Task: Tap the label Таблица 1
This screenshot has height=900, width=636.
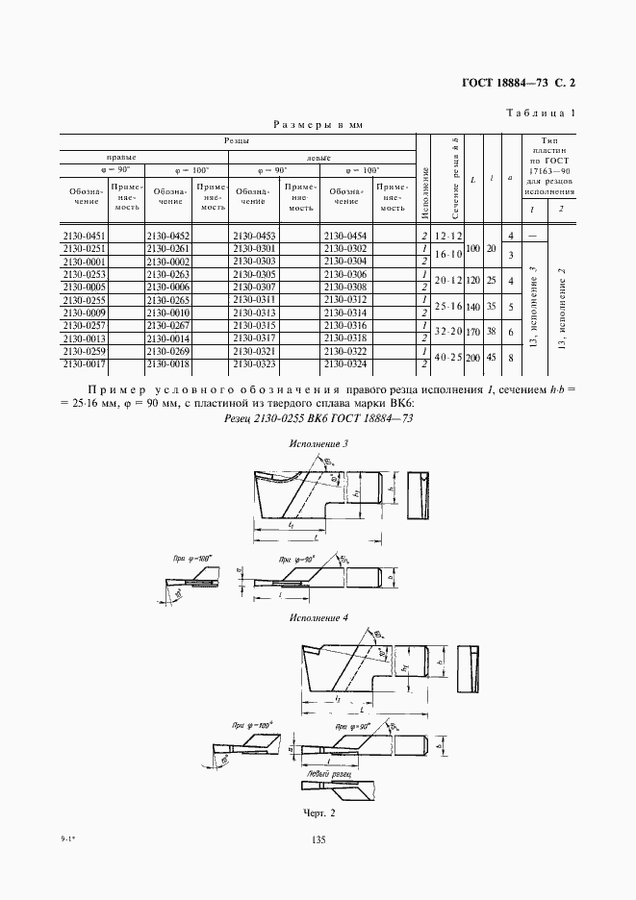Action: coord(540,113)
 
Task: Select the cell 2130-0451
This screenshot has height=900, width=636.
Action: coord(83,236)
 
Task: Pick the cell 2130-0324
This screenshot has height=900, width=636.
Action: coord(344,363)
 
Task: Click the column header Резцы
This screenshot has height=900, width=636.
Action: coord(239,140)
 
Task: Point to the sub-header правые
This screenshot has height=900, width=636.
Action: coord(120,156)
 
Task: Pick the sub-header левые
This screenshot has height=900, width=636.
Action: coord(319,157)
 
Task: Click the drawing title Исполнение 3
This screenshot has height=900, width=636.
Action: coord(318,444)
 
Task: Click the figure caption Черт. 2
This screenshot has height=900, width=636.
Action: coord(318,813)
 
